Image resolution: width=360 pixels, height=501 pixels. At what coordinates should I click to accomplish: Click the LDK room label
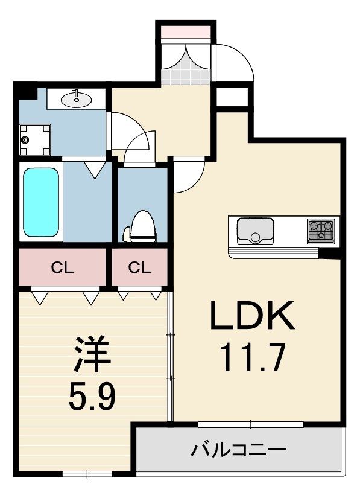click(252, 315)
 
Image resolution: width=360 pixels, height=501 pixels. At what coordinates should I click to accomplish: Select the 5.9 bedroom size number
click(92, 396)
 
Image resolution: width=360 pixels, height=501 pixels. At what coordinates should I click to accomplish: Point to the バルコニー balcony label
click(239, 450)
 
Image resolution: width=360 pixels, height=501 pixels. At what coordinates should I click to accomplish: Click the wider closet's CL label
click(63, 268)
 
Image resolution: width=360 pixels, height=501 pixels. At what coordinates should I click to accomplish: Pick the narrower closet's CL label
click(139, 267)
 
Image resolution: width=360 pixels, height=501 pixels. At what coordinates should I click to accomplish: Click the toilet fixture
click(140, 226)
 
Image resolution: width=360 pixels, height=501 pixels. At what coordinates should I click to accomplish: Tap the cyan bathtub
click(41, 202)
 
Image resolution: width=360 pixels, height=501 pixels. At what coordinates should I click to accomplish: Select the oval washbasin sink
click(77, 99)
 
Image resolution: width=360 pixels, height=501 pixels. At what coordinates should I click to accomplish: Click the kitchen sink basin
click(255, 231)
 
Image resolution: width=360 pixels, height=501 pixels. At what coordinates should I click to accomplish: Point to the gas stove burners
click(321, 231)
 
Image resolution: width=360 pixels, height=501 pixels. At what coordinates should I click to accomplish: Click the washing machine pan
click(35, 139)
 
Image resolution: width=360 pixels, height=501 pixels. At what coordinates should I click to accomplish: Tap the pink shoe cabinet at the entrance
click(185, 32)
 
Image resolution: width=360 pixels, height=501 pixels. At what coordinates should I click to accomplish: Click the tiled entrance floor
click(186, 69)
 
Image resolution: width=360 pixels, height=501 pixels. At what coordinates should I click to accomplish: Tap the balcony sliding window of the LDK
click(250, 424)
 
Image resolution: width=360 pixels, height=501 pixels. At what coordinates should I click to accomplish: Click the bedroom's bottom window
click(87, 474)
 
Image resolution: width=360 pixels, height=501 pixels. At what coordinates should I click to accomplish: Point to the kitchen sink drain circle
click(255, 237)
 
